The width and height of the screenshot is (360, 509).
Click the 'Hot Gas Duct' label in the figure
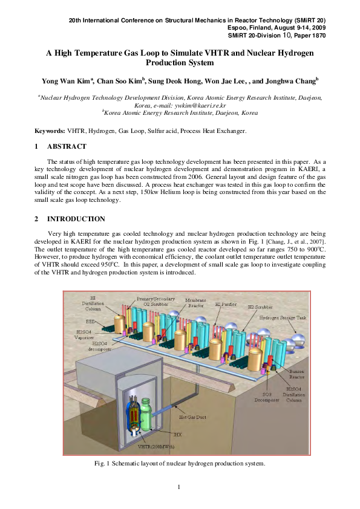[x=192, y=415]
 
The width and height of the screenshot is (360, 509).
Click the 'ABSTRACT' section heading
[x=67, y=146]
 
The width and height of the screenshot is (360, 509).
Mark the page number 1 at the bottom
[x=180, y=487]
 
